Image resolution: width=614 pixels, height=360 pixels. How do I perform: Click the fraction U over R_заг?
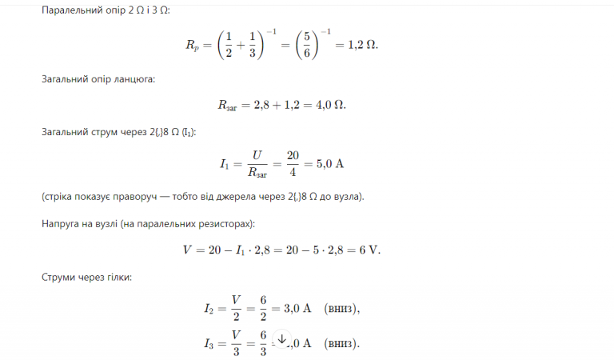click(x=256, y=164)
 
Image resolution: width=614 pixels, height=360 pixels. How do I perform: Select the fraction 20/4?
click(x=293, y=164)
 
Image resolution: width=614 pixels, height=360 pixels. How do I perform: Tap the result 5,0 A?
click(x=330, y=164)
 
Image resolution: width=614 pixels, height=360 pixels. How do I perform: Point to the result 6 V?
click(x=370, y=249)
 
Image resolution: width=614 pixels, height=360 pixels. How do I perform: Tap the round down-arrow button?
click(x=281, y=338)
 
